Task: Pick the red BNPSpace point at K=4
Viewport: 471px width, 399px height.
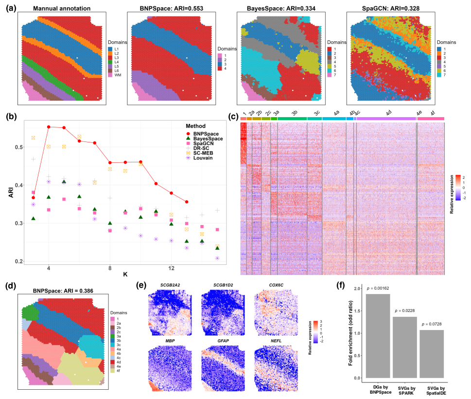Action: click(x=49, y=127)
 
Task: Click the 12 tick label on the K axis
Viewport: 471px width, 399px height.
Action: click(x=172, y=268)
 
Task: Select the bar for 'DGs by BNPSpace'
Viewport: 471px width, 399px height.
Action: click(x=378, y=335)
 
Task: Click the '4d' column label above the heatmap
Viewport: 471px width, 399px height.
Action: click(x=388, y=113)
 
